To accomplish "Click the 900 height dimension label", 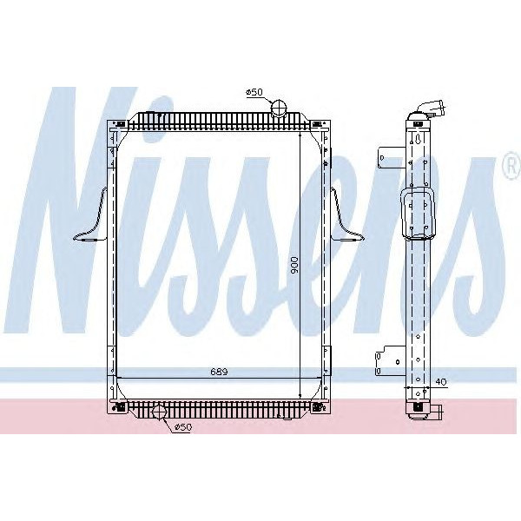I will coord(295,266).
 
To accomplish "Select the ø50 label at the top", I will coord(254,91).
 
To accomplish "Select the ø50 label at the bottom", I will coord(183,427).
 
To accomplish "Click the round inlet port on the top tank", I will coord(279,108).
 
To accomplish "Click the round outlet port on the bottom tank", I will coord(159,413).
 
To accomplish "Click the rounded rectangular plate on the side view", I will coord(419,213).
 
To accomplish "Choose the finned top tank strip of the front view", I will coord(217,121).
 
